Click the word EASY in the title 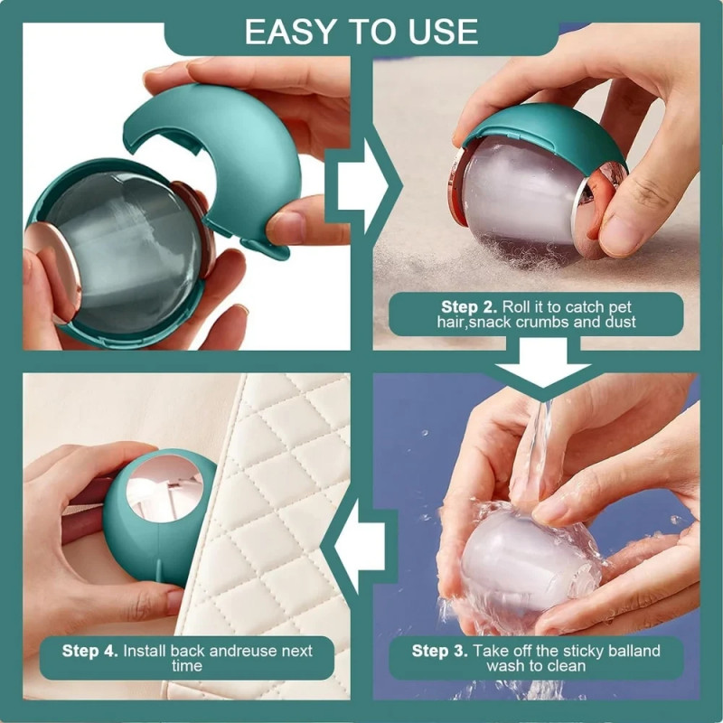(289, 32)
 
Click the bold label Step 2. (469, 307)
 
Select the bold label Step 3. (439, 651)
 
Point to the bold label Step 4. (89, 651)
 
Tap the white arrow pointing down (543, 363)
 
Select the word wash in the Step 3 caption (506, 666)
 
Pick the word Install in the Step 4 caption (145, 651)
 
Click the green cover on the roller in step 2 (544, 134)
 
